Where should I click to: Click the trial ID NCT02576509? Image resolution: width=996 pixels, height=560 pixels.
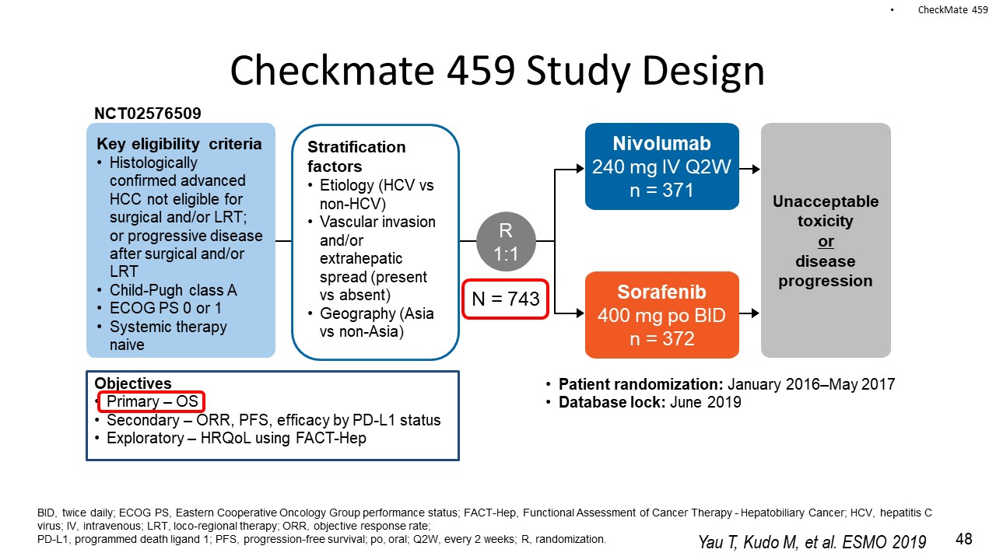tap(148, 114)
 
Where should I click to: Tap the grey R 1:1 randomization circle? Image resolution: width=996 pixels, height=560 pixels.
tap(506, 242)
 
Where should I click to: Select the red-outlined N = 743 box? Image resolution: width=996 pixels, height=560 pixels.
tap(506, 299)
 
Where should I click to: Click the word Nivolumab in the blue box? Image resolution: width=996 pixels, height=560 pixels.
tap(661, 144)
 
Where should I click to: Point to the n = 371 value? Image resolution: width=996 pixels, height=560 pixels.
tap(661, 191)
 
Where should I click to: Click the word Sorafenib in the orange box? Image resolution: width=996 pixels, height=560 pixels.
tap(661, 292)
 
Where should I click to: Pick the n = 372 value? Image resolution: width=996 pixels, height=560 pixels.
tap(662, 338)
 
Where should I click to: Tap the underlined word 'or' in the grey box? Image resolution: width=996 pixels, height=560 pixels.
tap(826, 241)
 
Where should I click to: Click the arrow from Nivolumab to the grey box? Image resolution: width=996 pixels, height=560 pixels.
tap(749, 169)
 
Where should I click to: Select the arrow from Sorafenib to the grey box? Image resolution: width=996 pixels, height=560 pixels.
tap(749, 313)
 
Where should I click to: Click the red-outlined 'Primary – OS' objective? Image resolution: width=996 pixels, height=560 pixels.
tap(151, 401)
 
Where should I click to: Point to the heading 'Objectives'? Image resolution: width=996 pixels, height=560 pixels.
tap(133, 383)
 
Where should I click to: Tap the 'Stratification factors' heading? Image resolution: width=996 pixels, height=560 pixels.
tap(356, 156)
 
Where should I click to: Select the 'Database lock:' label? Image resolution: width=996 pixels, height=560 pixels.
tap(612, 402)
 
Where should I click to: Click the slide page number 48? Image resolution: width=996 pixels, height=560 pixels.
tap(963, 539)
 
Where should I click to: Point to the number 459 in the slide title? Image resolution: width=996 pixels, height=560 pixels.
tap(481, 70)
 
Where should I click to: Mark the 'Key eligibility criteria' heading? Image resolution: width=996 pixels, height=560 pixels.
tap(179, 144)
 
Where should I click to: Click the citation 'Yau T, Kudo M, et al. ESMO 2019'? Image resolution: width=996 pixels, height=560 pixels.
tap(812, 542)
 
